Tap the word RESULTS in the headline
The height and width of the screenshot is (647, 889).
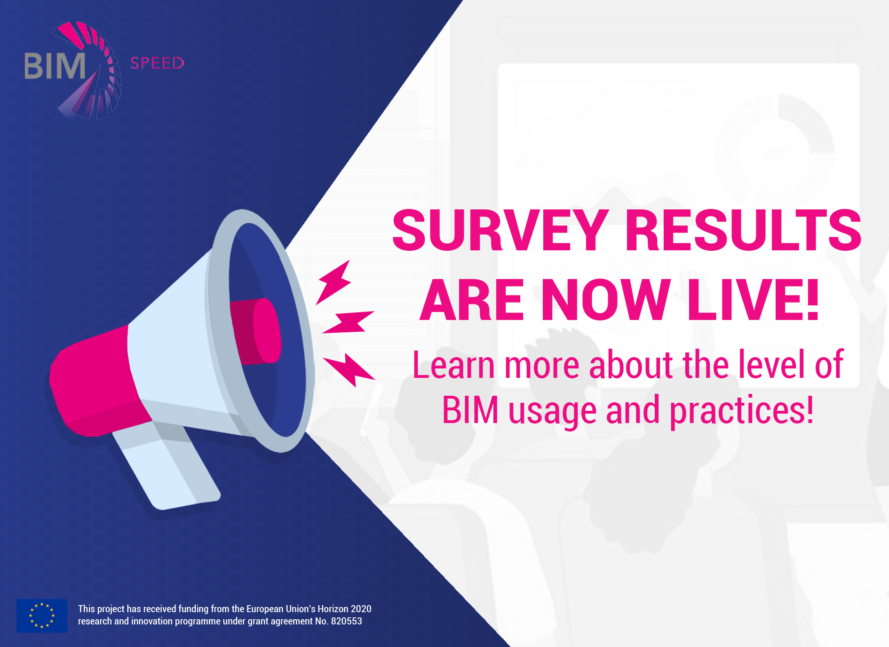click(744, 230)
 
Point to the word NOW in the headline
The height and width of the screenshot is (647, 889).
click(606, 299)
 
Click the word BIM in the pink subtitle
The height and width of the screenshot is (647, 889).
click(470, 410)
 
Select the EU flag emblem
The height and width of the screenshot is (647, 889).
click(42, 615)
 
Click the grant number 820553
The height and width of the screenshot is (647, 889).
click(347, 621)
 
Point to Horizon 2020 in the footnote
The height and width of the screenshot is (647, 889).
click(344, 609)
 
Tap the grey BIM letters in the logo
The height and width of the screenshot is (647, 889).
click(55, 66)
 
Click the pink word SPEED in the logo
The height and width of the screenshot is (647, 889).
click(157, 63)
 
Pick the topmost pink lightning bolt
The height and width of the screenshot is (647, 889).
click(333, 282)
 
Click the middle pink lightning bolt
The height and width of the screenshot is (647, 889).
click(348, 322)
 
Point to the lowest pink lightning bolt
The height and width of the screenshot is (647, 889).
click(349, 370)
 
